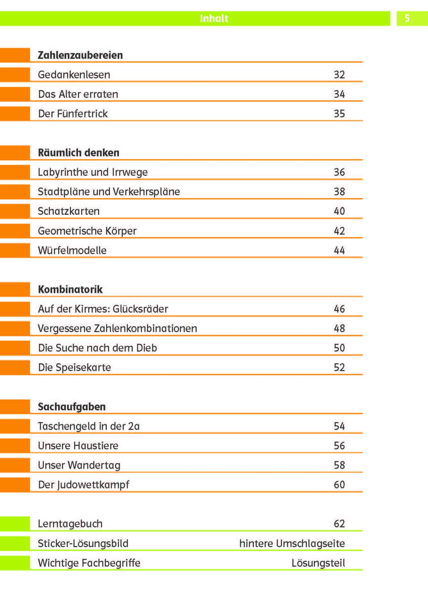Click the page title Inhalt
[214, 19]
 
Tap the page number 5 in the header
[407, 19]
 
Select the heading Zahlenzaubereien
[80, 55]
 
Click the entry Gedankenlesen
[74, 75]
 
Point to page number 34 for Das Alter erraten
[339, 94]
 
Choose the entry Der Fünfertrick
[73, 114]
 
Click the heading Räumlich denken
[79, 153]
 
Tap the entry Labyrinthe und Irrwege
[93, 172]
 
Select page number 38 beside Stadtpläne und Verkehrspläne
[339, 192]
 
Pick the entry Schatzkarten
[69, 211]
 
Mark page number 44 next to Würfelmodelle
[339, 250]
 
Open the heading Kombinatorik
[70, 290]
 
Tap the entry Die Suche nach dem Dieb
[97, 348]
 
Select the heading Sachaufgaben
[72, 407]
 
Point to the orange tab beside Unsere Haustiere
[15, 446]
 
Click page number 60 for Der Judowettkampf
[339, 485]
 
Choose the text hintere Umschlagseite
[292, 544]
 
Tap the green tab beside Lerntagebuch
[15, 524]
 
